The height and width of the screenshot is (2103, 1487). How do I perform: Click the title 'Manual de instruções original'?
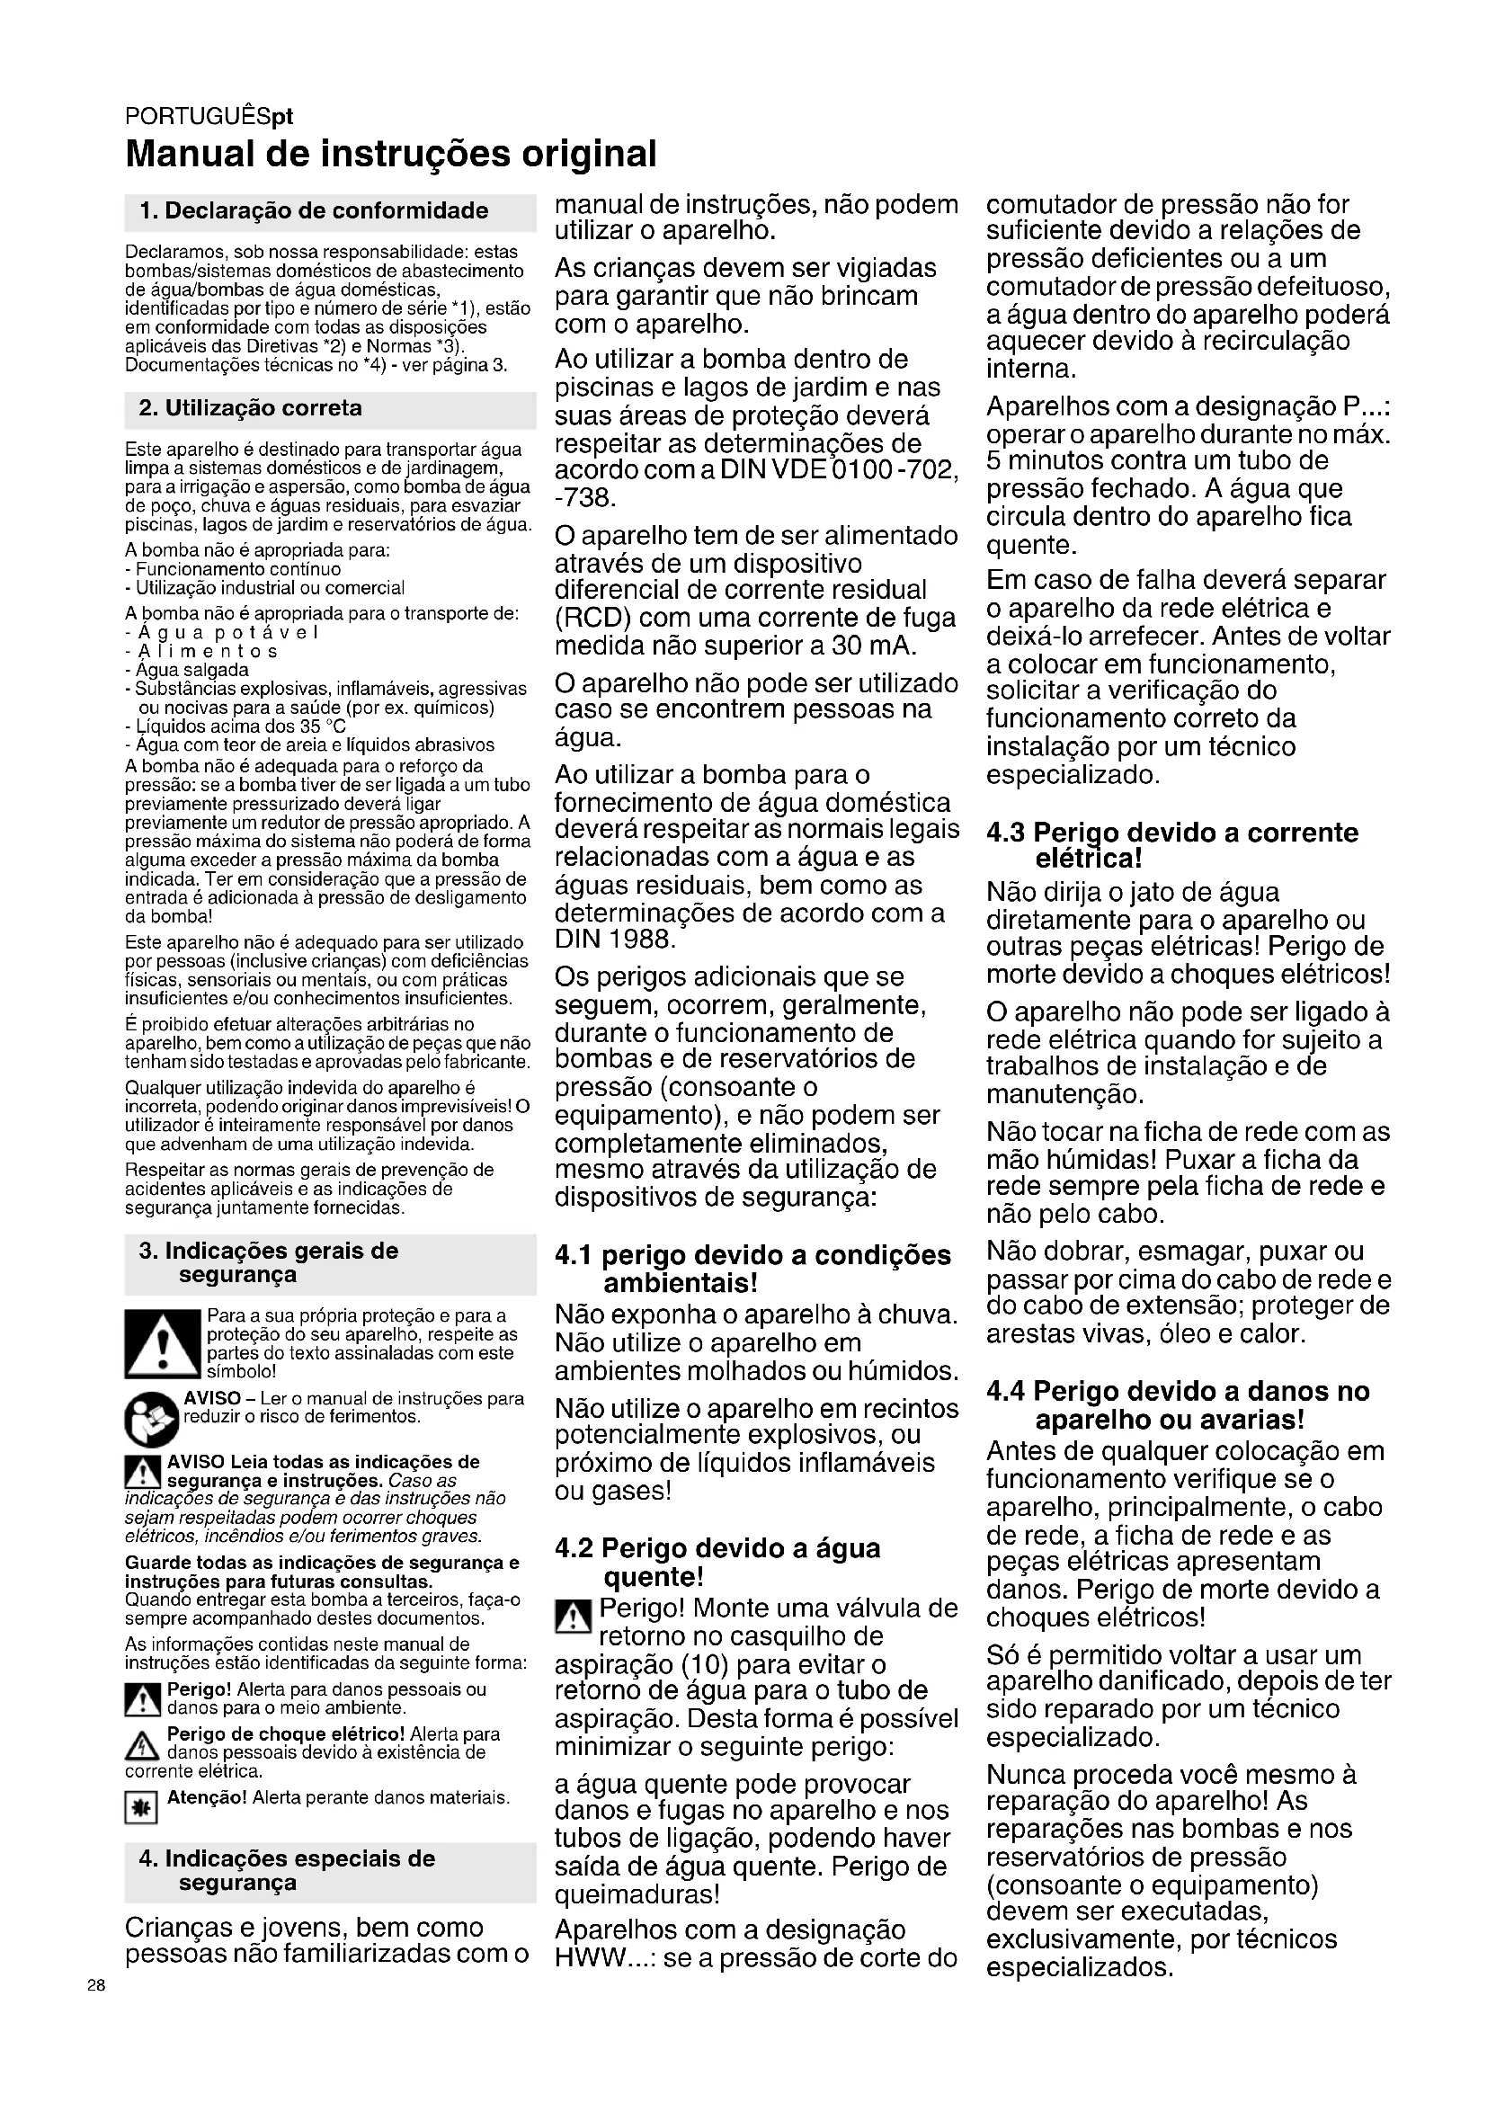[391, 154]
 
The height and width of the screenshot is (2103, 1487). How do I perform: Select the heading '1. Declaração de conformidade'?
[314, 211]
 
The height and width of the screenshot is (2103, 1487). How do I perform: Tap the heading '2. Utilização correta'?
[250, 408]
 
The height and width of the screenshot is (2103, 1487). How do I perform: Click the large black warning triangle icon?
[162, 1344]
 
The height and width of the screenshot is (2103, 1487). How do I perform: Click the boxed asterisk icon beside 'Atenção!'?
[141, 1807]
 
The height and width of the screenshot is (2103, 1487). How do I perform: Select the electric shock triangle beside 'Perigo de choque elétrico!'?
[142, 1747]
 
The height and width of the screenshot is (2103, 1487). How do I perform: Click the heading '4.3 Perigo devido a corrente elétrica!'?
[1172, 845]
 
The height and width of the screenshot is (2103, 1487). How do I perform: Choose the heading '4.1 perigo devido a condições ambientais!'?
[752, 1269]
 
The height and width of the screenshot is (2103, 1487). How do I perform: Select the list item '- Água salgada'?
[187, 670]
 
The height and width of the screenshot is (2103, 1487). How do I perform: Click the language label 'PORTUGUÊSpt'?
[209, 117]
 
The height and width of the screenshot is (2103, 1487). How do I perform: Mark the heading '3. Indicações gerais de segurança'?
[268, 1263]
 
